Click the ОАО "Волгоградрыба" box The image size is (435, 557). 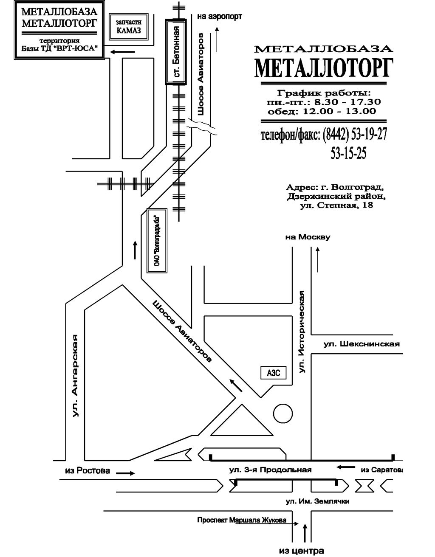pyautogui.click(x=157, y=241)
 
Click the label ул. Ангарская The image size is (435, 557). pyautogui.click(x=76, y=375)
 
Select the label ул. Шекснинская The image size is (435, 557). pyautogui.click(x=362, y=344)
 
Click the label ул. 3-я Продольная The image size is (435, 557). pyautogui.click(x=271, y=470)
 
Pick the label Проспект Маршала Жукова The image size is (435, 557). pyautogui.click(x=241, y=520)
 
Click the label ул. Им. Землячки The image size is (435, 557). pyautogui.click(x=317, y=501)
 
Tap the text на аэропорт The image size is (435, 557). pyautogui.click(x=220, y=17)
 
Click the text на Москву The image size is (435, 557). pyautogui.click(x=308, y=237)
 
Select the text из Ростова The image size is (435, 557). pyautogui.click(x=88, y=470)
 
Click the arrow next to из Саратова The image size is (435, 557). pyautogui.click(x=346, y=467)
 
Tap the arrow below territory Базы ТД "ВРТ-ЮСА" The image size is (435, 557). pyautogui.click(x=123, y=52)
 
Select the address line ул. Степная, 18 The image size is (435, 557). pyautogui.click(x=337, y=206)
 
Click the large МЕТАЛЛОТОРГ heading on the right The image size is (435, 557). pyautogui.click(x=323, y=68)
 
